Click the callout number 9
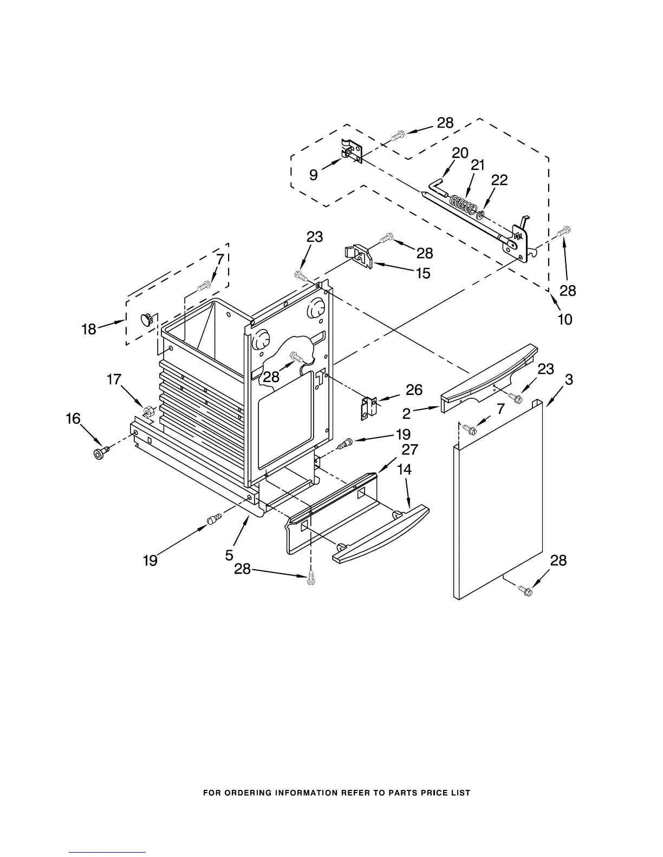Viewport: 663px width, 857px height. point(314,175)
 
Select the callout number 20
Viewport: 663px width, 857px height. point(460,153)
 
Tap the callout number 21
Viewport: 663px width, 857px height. point(478,166)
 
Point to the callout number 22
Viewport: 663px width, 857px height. point(499,180)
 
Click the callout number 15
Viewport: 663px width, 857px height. point(423,273)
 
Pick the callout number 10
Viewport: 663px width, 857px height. point(564,319)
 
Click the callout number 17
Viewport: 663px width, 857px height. point(114,379)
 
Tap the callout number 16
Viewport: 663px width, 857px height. point(73,418)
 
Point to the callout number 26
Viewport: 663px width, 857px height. point(414,390)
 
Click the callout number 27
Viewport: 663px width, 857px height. point(409,450)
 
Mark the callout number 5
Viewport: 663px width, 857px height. point(229,555)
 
